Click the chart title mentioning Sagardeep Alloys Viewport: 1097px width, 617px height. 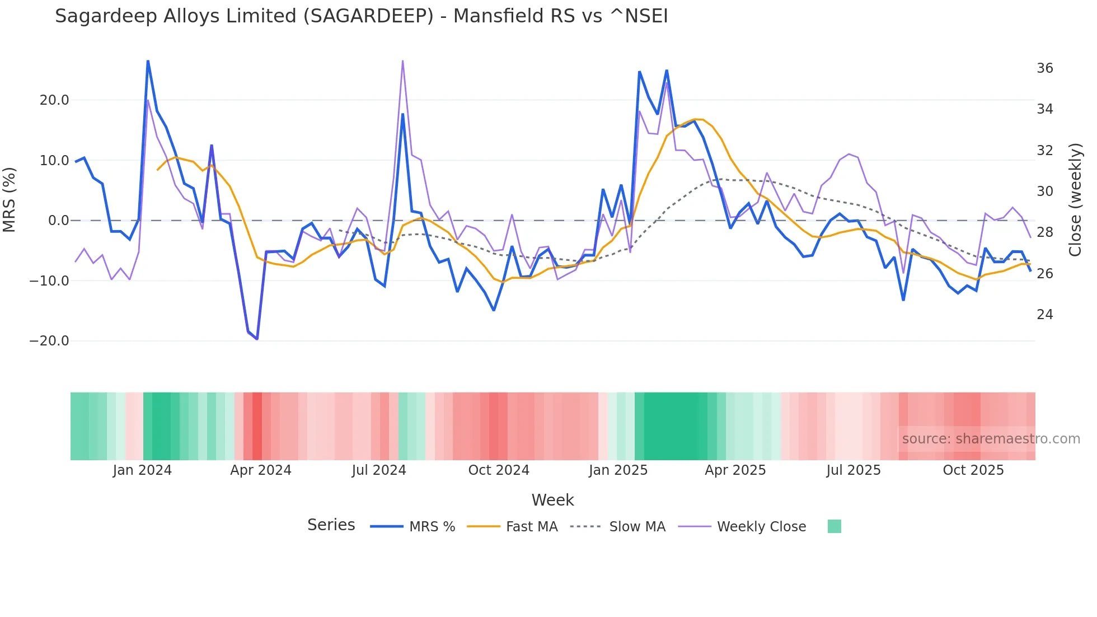coord(361,16)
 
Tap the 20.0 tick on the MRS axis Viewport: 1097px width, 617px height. coord(54,100)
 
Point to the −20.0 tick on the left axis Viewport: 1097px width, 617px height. coord(49,341)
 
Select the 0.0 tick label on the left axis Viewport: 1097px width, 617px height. coord(58,221)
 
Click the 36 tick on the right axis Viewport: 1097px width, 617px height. coord(1044,68)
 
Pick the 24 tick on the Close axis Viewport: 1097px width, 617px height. coord(1044,315)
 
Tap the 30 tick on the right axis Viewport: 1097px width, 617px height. coord(1044,191)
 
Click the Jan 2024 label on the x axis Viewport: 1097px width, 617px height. coord(142,470)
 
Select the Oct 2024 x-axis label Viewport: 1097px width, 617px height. coord(499,470)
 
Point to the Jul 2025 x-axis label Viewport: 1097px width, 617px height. coord(854,470)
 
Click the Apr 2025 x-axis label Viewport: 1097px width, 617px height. coord(735,470)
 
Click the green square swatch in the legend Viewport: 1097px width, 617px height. coord(834,526)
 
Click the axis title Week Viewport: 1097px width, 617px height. coord(552,500)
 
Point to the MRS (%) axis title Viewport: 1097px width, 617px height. coord(10,200)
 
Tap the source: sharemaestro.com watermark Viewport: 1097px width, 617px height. coord(991,439)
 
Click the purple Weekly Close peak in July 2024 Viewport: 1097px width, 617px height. coord(402,61)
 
